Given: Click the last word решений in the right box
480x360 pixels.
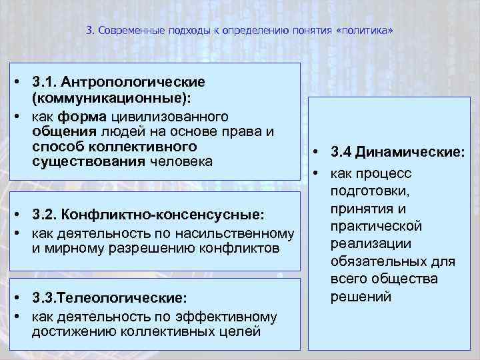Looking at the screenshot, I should [x=361, y=296].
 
